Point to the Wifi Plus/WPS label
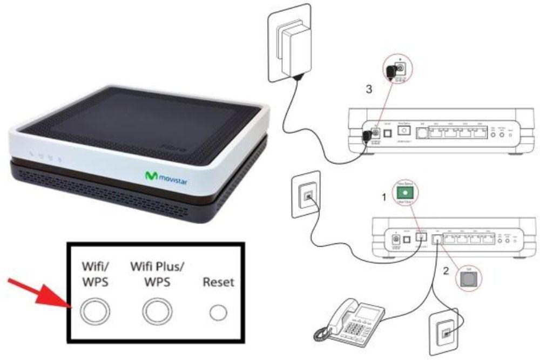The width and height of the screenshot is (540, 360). (x=156, y=274)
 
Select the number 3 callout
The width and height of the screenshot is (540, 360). (x=369, y=90)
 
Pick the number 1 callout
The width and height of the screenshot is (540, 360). (x=384, y=198)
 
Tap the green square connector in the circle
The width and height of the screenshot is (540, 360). (x=402, y=192)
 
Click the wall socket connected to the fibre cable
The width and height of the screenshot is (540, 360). (x=307, y=195)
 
